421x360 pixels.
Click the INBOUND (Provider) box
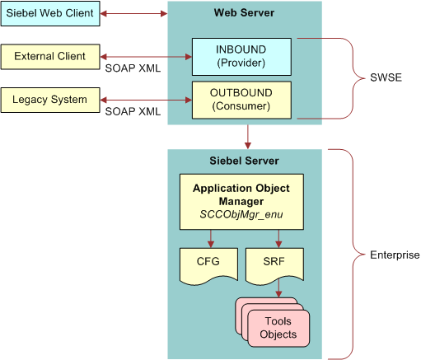pyautogui.click(x=241, y=54)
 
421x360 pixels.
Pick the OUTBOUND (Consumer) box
pyautogui.click(x=242, y=98)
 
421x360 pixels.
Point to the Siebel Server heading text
pyautogui.click(x=245, y=161)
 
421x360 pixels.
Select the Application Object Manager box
pyautogui.click(x=241, y=200)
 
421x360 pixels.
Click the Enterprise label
pyautogui.click(x=394, y=255)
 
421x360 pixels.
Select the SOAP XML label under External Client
pyautogui.click(x=131, y=68)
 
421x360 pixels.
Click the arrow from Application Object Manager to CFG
pyautogui.click(x=212, y=239)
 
